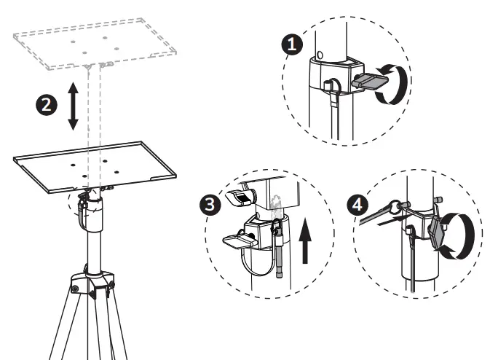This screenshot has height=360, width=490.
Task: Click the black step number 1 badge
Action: click(x=293, y=44)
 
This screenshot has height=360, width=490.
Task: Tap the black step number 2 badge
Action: click(x=45, y=105)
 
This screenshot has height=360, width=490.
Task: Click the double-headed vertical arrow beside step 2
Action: click(x=73, y=106)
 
